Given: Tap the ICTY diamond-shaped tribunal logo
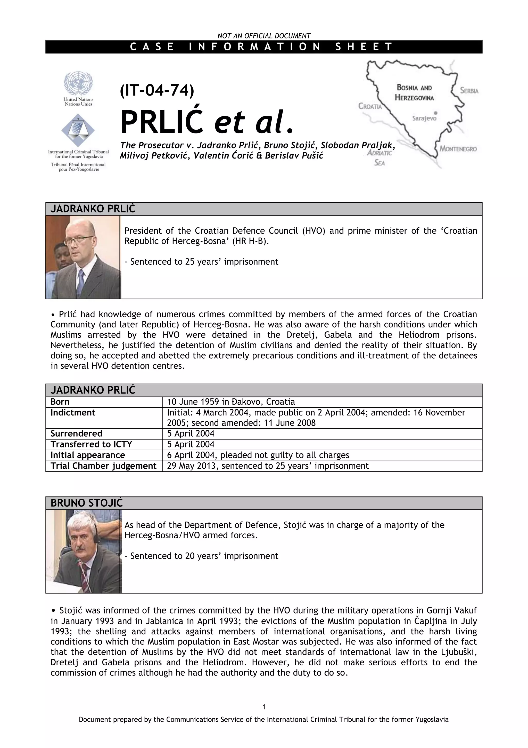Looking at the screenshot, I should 78,130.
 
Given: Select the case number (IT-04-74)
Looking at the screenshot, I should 157,90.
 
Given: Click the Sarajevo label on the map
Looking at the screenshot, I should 424,118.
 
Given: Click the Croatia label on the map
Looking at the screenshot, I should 370,106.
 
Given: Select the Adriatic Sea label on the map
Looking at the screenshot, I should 379,158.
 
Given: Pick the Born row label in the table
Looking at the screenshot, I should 60,402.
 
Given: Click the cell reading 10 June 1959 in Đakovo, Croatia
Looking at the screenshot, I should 231,402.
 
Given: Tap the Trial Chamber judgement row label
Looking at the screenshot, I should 103,466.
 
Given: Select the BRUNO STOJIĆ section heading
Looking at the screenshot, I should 87,503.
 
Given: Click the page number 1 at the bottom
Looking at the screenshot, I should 264,707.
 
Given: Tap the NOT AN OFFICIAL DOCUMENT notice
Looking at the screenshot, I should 264,36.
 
